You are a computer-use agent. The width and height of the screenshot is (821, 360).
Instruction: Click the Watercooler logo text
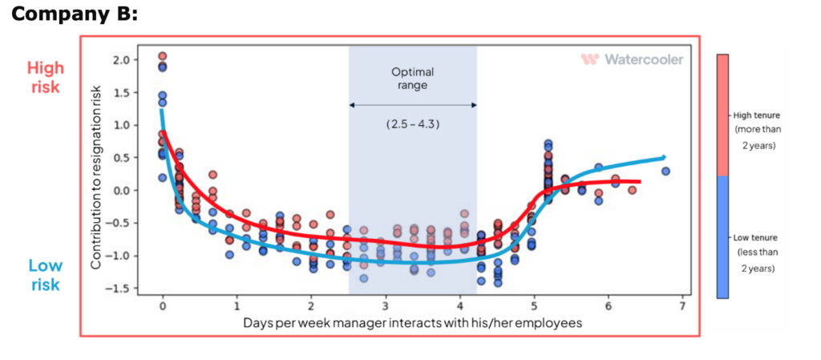click(x=633, y=59)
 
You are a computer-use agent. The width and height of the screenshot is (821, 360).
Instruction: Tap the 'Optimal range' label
click(x=412, y=78)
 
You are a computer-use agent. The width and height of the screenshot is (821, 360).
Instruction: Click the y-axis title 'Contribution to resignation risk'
click(x=96, y=174)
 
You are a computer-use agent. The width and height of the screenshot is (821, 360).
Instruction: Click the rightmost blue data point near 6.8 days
click(x=665, y=171)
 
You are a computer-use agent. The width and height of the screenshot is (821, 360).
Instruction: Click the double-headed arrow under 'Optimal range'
click(x=413, y=105)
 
